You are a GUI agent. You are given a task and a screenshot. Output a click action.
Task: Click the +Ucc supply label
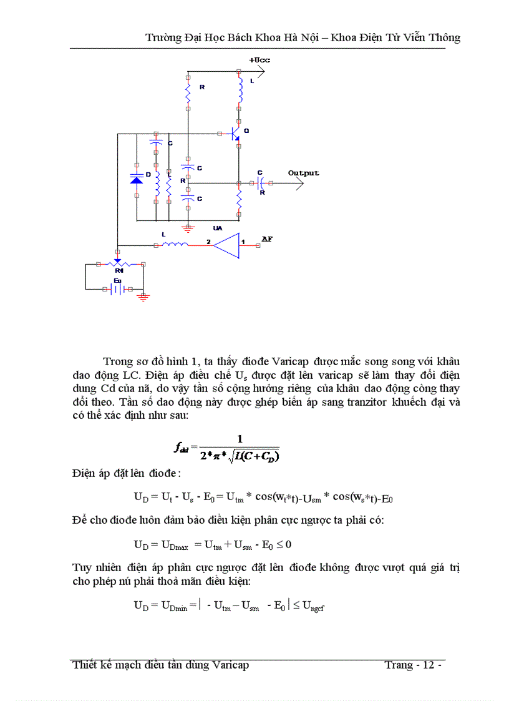pos(259,60)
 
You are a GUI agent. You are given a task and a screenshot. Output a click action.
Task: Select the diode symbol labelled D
pos(137,179)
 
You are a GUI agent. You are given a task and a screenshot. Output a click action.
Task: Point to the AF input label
pos(266,239)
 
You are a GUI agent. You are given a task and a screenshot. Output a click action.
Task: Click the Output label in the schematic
pos(303,173)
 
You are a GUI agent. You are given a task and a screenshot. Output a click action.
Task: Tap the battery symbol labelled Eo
pos(117,289)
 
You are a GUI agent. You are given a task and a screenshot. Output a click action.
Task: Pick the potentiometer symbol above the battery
pos(117,265)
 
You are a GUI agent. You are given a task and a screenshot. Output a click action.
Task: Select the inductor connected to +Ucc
pos(239,92)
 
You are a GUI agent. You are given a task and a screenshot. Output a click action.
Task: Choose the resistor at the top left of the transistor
pos(188,96)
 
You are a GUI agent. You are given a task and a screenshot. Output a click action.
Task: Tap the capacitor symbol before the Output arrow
pos(261,183)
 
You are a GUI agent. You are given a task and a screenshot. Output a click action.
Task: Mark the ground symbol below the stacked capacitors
pos(188,227)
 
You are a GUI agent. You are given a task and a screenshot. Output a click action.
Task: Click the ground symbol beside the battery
pos(143,297)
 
